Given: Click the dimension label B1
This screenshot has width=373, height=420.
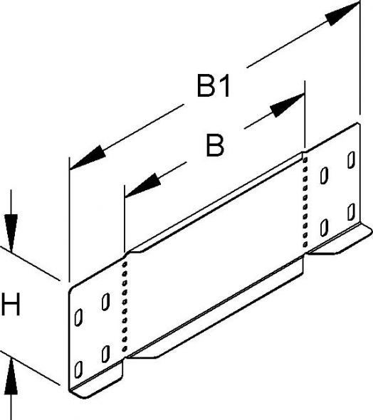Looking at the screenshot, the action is pyautogui.click(x=214, y=86).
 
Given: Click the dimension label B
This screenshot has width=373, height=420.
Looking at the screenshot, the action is pyautogui.click(x=215, y=145).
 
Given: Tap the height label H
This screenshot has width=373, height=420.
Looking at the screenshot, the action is pyautogui.click(x=11, y=304).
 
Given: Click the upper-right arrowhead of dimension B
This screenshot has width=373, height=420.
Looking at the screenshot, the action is pyautogui.click(x=287, y=105).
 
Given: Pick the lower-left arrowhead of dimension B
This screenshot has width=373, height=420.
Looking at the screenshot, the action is pyautogui.click(x=142, y=185).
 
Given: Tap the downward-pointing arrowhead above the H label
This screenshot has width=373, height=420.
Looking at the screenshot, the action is pyautogui.click(x=11, y=233).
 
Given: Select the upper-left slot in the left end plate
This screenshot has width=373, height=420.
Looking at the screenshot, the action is pyautogui.click(x=78, y=317).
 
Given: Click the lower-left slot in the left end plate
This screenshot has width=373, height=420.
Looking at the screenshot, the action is pyautogui.click(x=78, y=369).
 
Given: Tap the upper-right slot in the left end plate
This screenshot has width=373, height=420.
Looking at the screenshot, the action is pyautogui.click(x=105, y=302).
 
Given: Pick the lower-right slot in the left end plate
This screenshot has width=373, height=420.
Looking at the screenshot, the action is pyautogui.click(x=105, y=354).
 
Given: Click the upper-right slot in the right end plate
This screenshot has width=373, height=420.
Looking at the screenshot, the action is pyautogui.click(x=352, y=160).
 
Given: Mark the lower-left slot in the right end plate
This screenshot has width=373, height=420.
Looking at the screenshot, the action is pyautogui.click(x=325, y=227).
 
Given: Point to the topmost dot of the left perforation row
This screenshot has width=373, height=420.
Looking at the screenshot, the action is pyautogui.click(x=125, y=264).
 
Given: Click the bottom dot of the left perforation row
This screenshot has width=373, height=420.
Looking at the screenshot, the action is pyautogui.click(x=125, y=349).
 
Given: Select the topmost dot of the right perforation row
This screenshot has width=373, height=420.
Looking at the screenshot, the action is pyautogui.click(x=305, y=160).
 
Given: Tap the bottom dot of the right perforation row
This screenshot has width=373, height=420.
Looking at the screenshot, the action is pyautogui.click(x=305, y=244).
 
